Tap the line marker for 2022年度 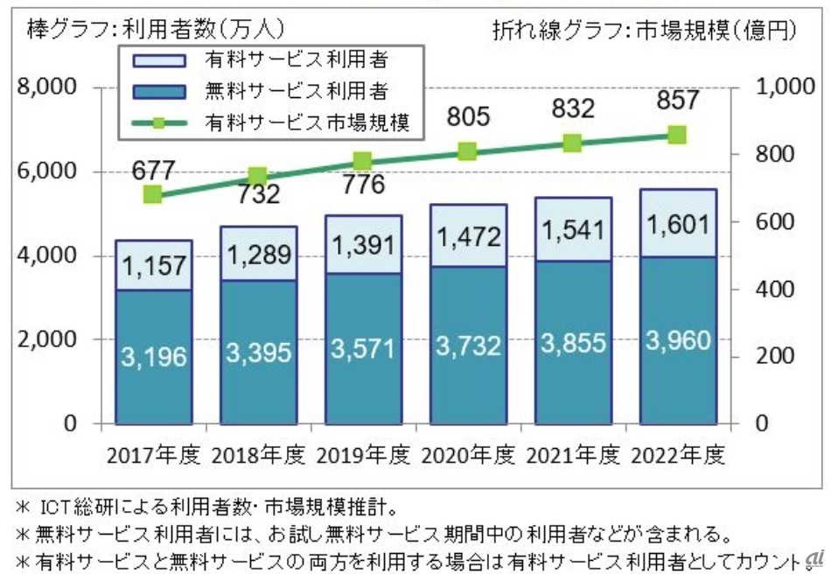[x=676, y=135]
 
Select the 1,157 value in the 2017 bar [x=153, y=265]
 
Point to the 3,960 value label [x=676, y=339]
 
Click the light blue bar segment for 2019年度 [x=363, y=244]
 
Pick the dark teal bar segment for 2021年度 [x=571, y=342]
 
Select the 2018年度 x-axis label [x=258, y=456]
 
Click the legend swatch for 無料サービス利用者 [x=159, y=89]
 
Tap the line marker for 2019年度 [x=363, y=160]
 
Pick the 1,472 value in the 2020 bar [x=467, y=234]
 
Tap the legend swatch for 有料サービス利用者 [x=159, y=60]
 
